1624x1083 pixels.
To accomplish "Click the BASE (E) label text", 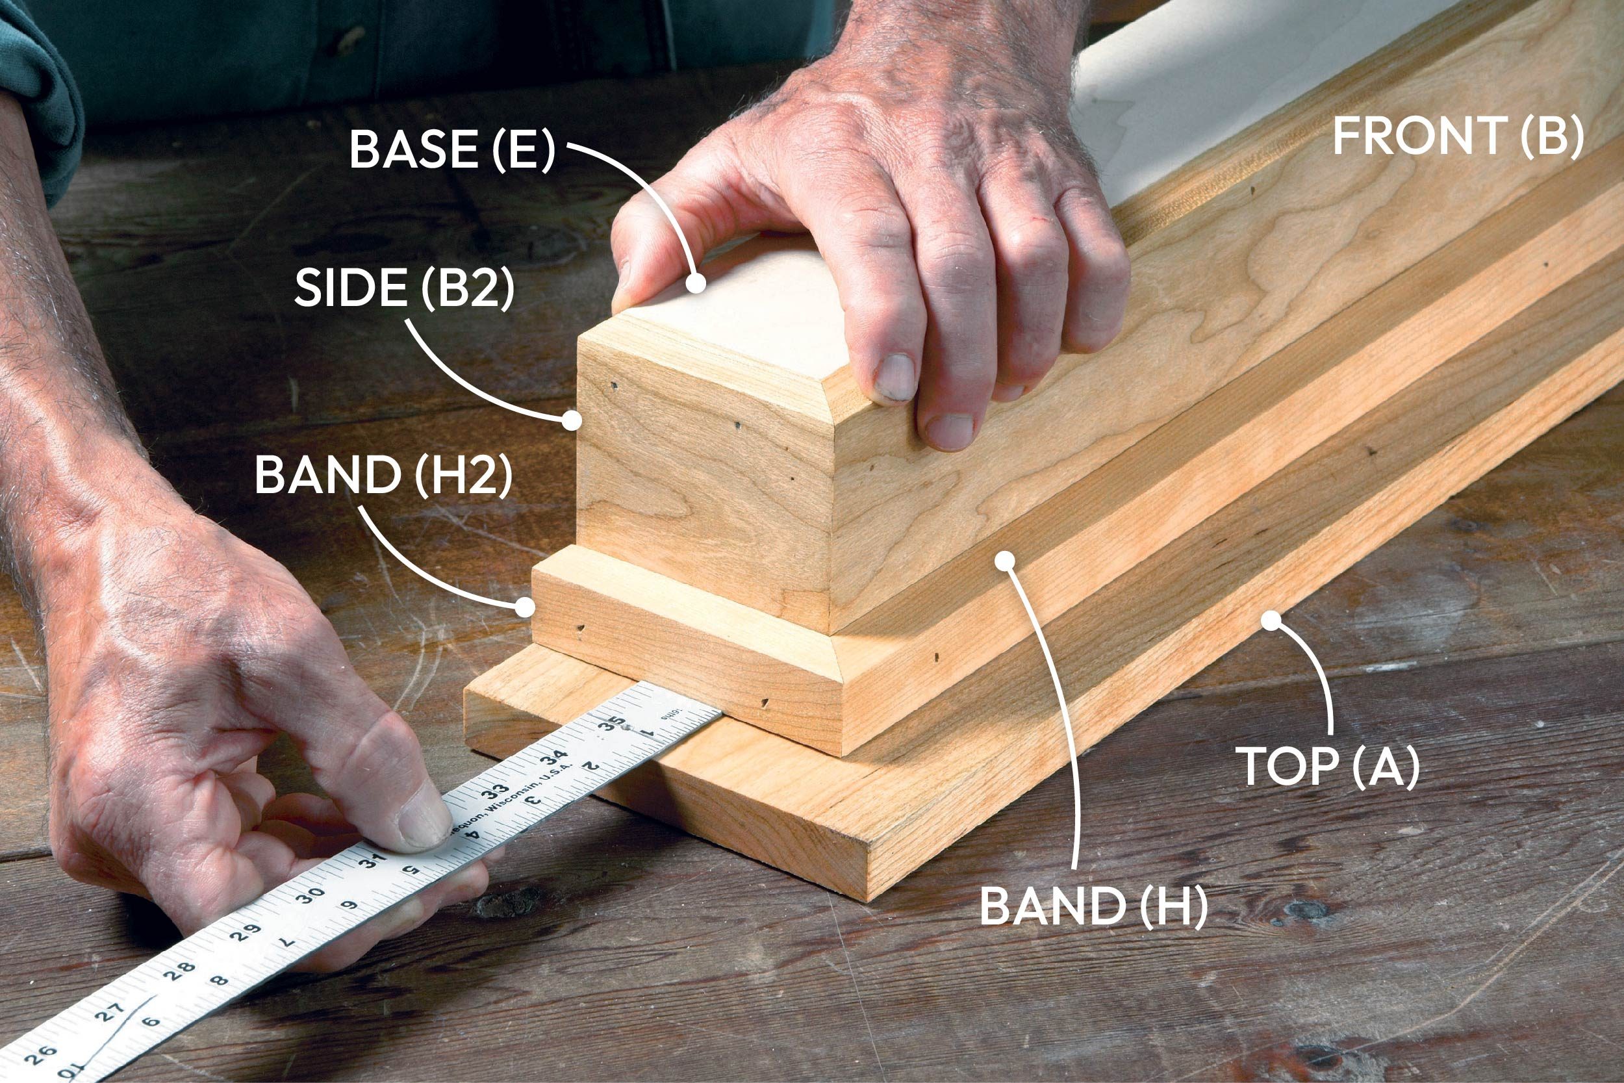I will (452, 149).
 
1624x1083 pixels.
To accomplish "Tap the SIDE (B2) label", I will (405, 288).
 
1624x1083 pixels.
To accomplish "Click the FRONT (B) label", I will (1458, 136).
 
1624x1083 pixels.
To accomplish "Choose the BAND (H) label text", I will (1094, 906).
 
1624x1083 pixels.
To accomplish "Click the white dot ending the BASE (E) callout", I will (696, 283).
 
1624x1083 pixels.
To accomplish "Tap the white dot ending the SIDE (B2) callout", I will (572, 419).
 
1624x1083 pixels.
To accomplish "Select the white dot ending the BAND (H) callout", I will (1006, 560).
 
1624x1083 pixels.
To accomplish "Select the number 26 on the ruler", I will (40, 1052).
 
